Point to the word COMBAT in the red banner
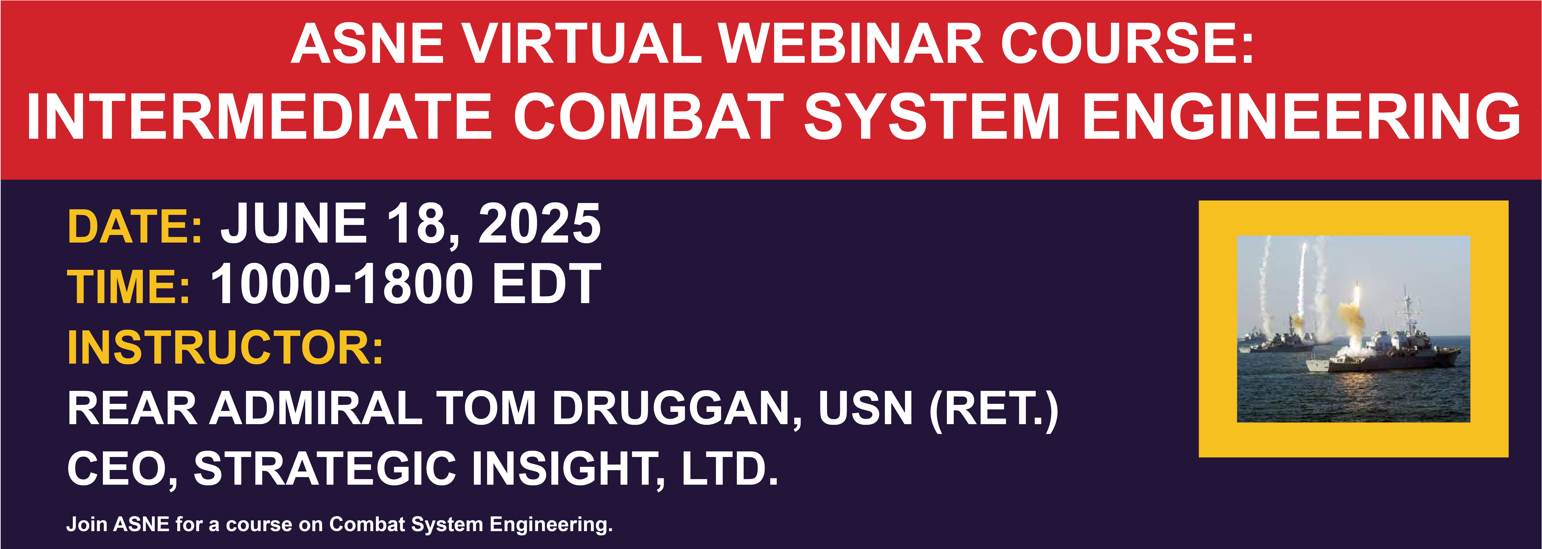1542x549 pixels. point(648,117)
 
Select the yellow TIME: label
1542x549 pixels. point(129,286)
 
